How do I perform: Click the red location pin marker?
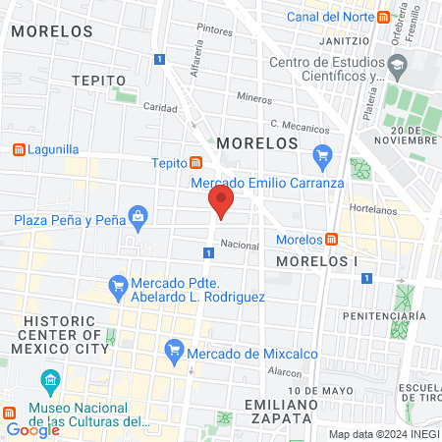tap(221, 203)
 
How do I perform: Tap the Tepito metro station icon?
tap(196, 163)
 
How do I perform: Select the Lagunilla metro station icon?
tap(17, 150)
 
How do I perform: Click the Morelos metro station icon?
tap(332, 239)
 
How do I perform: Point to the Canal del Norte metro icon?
tap(399, 18)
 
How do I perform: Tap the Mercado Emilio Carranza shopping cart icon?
tap(321, 154)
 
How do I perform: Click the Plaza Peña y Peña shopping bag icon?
tap(138, 216)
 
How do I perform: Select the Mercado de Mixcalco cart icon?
tap(175, 348)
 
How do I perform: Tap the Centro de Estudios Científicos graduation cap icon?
tap(398, 68)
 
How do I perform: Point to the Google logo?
tap(32, 429)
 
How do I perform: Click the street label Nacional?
tap(240, 245)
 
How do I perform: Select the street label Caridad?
tap(159, 106)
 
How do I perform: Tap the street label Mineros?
tap(253, 98)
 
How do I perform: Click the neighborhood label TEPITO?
tap(99, 80)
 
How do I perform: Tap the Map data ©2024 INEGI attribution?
tap(383, 433)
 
